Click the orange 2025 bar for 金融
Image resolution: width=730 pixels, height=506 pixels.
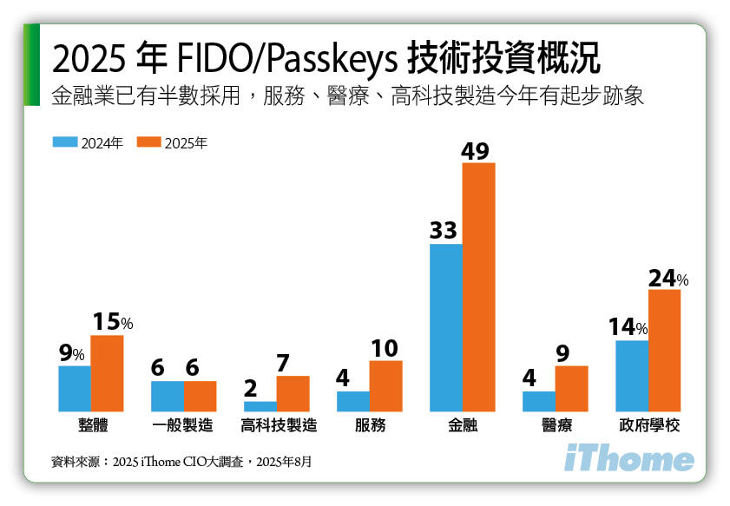478,286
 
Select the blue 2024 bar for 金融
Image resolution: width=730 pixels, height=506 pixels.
446,327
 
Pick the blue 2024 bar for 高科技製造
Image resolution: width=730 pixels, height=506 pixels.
260,406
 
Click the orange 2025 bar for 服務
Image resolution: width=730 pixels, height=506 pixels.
385,385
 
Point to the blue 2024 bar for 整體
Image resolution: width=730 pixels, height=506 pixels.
75,388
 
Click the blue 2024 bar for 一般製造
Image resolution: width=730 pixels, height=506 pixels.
168,396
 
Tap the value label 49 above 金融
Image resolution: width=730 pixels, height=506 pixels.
477,150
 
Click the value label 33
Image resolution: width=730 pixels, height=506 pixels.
444,232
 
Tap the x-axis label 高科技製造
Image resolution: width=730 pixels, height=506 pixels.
278,426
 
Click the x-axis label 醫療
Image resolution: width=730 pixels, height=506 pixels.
556,426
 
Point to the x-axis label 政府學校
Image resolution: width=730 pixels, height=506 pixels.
648,426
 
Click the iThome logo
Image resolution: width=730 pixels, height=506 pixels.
629,460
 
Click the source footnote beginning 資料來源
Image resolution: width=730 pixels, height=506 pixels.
181,461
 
